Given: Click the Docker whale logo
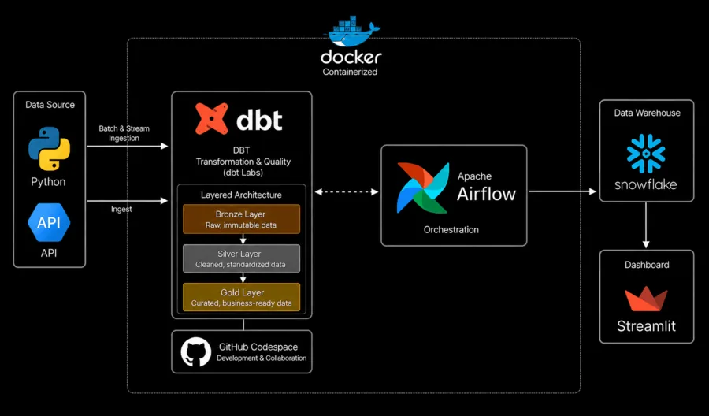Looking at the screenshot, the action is pyautogui.click(x=351, y=32).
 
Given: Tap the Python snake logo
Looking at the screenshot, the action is pyautogui.click(x=50, y=148).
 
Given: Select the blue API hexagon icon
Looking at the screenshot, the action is pyautogui.click(x=49, y=222).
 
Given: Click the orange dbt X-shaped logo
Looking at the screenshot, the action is pyautogui.click(x=211, y=118).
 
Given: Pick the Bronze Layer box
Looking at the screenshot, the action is pyautogui.click(x=242, y=219).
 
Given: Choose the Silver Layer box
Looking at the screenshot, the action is pyautogui.click(x=242, y=258).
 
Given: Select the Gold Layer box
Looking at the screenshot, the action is pyautogui.click(x=242, y=297).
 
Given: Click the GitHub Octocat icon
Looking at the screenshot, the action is pyautogui.click(x=196, y=352).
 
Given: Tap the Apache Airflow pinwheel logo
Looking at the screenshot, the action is pyautogui.click(x=423, y=188).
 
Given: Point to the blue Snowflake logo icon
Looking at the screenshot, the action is pyautogui.click(x=646, y=154).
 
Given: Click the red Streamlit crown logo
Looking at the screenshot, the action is pyautogui.click(x=646, y=299).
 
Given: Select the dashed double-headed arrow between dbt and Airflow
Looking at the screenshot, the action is pyautogui.click(x=347, y=191).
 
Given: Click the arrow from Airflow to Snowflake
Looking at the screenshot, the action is pyautogui.click(x=562, y=191).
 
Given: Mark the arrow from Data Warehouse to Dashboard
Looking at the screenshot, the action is pyautogui.click(x=646, y=225).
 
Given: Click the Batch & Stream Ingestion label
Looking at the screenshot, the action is pyautogui.click(x=124, y=133).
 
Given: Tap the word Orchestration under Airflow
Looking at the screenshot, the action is pyautogui.click(x=451, y=230).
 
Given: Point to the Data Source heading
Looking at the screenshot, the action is pyautogui.click(x=50, y=105).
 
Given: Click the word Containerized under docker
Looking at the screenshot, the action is pyautogui.click(x=350, y=72).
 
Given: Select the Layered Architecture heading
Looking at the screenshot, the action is pyautogui.click(x=241, y=195).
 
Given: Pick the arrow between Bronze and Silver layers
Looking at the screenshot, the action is pyautogui.click(x=243, y=239).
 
